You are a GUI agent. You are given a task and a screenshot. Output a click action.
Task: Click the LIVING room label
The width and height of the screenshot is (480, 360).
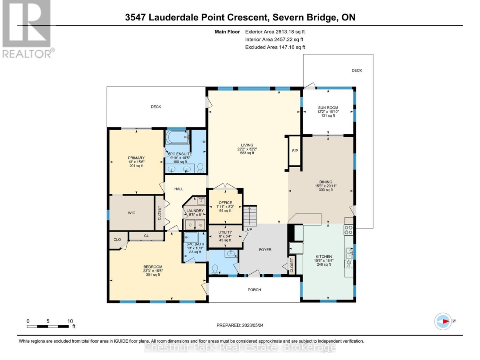[x=247, y=145]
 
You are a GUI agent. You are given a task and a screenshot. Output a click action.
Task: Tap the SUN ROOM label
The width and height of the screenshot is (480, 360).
[x=328, y=108]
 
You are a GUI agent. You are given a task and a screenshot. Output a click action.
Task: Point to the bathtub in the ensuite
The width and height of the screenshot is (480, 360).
[x=177, y=137]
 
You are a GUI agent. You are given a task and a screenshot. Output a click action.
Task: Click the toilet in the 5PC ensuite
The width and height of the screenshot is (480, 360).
[x=200, y=168]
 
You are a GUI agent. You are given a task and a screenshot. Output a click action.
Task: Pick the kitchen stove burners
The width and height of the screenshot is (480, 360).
[x=348, y=230]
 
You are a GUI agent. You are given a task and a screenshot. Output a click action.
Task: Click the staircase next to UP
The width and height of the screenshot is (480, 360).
[x=250, y=216]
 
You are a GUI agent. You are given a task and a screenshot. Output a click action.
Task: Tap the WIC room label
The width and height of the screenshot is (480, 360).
[x=131, y=213]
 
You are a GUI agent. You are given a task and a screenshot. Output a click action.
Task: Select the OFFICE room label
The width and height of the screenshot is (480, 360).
[x=225, y=203]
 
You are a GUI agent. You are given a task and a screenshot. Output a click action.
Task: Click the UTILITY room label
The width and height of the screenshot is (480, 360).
[x=225, y=232]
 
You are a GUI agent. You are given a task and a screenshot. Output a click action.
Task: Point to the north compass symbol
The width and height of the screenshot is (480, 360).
[x=443, y=321]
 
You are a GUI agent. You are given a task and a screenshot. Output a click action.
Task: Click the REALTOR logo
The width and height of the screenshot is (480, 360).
[x=27, y=29]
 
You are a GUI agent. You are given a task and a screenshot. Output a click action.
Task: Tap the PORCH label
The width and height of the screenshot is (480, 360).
[x=254, y=290]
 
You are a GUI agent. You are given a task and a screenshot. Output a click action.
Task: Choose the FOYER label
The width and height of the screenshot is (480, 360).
[x=265, y=249]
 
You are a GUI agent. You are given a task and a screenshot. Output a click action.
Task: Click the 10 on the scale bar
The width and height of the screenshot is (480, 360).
[x=70, y=321]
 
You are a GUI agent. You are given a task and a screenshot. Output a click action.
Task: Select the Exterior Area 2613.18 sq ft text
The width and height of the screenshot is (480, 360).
[x=275, y=32]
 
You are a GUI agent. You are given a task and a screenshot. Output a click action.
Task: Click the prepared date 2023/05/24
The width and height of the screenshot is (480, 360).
[x=252, y=325]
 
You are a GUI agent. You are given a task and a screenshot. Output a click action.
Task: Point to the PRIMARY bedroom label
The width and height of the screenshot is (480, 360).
[x=136, y=158]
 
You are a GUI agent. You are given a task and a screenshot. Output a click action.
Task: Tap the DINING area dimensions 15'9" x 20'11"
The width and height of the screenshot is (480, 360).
[x=326, y=186]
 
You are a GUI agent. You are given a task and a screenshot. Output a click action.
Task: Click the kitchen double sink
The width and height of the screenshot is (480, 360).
[x=349, y=253]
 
